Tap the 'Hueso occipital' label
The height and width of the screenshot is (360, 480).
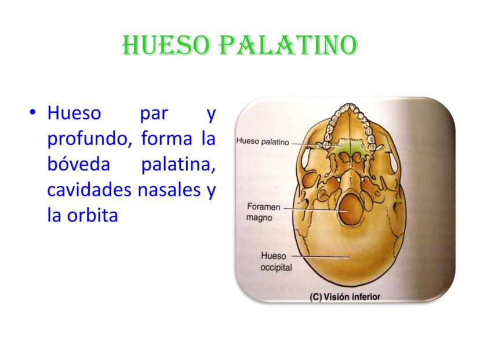(x=276, y=261)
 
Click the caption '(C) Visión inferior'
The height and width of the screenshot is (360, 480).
(x=345, y=296)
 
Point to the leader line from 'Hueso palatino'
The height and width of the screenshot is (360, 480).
(x=307, y=143)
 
